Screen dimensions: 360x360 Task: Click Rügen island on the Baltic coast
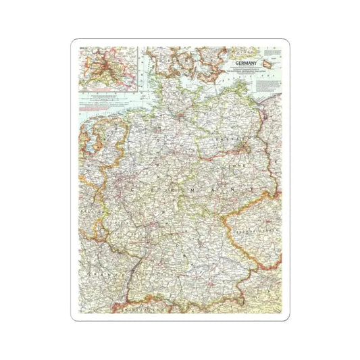pyautogui.click(x=230, y=84)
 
